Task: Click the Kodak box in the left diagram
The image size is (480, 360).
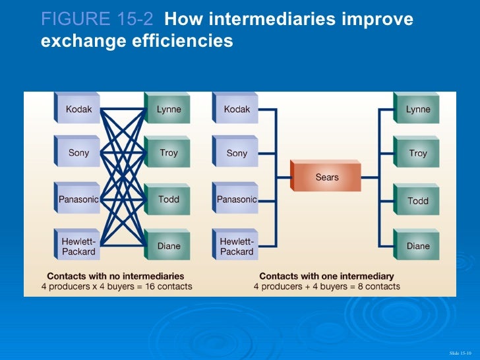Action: (78, 109)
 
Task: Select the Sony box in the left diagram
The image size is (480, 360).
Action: (78, 153)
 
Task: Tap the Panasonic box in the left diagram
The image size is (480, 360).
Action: (78, 198)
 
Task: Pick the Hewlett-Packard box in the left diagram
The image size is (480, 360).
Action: (78, 246)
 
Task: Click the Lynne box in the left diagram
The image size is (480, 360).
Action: (168, 109)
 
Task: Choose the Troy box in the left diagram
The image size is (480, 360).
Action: (168, 153)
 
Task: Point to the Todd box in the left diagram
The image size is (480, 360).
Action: (168, 198)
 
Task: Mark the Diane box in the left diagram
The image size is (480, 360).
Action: (168, 246)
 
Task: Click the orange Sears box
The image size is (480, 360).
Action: (327, 177)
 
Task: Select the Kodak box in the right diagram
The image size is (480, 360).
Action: (237, 109)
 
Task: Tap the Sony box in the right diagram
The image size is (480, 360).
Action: (237, 153)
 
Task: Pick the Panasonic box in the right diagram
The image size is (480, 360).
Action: (237, 198)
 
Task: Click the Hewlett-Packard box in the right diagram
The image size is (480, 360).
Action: (237, 246)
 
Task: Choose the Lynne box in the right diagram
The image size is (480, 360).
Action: (417, 109)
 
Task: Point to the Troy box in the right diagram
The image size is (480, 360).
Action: (417, 153)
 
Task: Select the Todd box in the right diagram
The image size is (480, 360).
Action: (417, 200)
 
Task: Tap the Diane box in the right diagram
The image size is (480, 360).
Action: (417, 246)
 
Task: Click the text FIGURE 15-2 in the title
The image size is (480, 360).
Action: (97, 20)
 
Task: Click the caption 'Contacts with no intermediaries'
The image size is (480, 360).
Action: (115, 276)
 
